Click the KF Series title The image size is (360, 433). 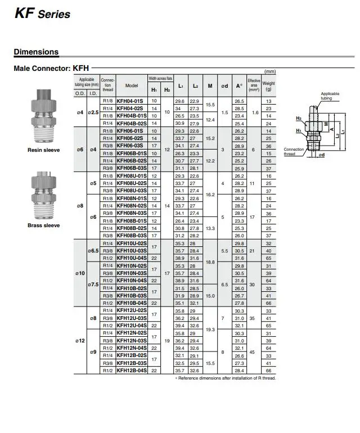[42, 13]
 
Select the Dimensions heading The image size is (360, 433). [36, 52]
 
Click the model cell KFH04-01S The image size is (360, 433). [131, 101]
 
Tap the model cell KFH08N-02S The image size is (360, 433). [131, 206]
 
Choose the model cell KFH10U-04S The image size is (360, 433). [131, 258]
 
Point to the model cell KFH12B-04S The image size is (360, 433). [131, 371]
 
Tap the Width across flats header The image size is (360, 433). [160, 79]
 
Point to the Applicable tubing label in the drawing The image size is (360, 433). [330, 96]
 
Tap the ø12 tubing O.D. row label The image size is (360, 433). [80, 341]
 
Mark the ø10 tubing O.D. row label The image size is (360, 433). [80, 273]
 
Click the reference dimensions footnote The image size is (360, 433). [226, 378]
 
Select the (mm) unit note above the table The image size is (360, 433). [270, 72]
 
